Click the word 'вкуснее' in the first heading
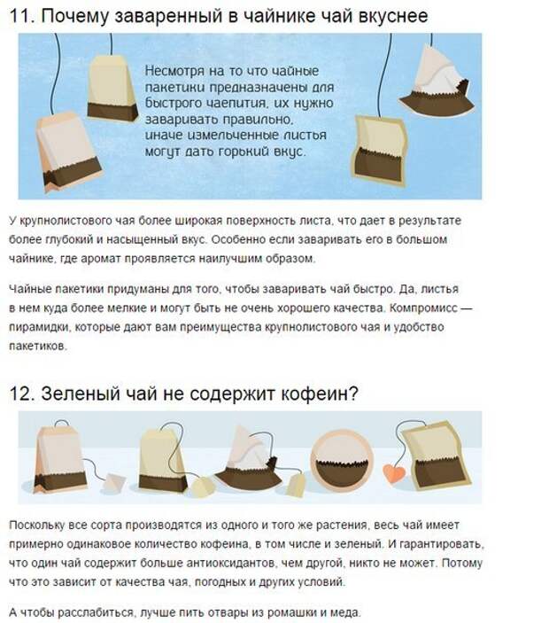[x=391, y=17]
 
